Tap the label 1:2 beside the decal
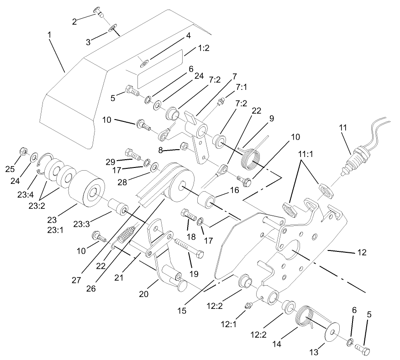tap(204, 48)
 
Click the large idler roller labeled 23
tap(87, 190)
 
